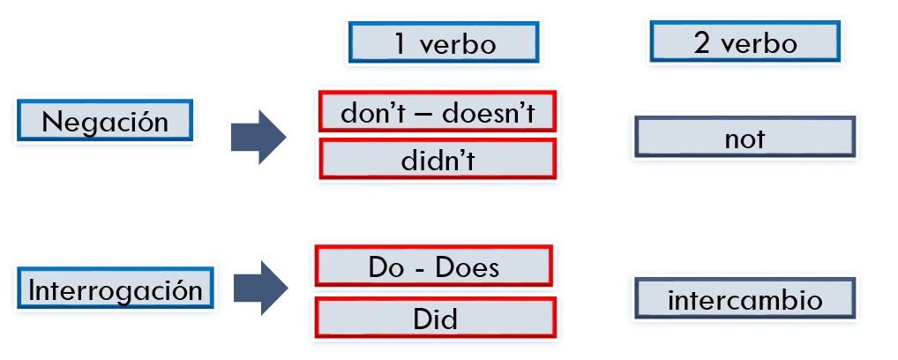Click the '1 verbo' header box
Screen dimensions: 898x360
click(444, 42)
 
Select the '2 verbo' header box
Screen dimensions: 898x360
click(745, 41)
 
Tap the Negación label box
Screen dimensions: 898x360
click(105, 120)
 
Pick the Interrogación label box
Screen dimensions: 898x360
click(115, 288)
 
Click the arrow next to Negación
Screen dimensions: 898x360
click(258, 138)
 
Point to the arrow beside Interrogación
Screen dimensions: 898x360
click(260, 288)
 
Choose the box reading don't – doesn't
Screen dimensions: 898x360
click(438, 111)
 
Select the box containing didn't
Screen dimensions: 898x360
click(438, 159)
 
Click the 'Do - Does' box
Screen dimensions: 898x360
click(434, 266)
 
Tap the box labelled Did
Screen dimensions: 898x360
click(435, 318)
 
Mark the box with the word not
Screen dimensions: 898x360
click(745, 137)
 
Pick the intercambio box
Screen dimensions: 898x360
click(745, 298)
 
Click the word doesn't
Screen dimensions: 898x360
click(489, 113)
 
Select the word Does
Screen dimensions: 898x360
click(467, 267)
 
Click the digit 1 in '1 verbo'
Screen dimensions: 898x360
click(400, 43)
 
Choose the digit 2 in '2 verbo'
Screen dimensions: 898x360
click(702, 43)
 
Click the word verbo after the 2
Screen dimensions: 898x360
click(759, 43)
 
